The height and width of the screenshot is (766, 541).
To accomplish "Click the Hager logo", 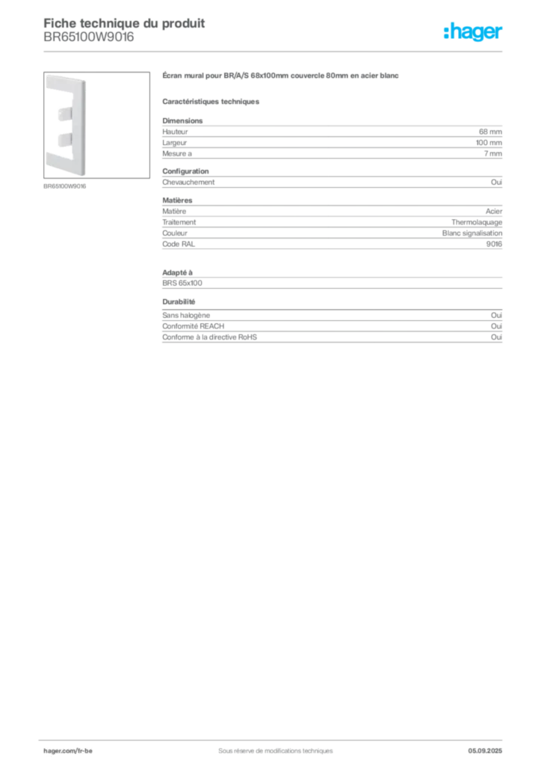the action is pos(472,31).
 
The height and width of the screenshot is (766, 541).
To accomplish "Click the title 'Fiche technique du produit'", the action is pos(124,23).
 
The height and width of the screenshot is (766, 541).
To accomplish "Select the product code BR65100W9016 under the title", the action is pos(88,37).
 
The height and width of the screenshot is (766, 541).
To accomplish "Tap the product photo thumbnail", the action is pos(96,125).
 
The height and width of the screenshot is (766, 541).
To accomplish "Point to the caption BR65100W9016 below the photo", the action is pos(64,186).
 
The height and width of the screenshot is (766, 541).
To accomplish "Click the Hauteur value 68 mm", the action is pos(490,132).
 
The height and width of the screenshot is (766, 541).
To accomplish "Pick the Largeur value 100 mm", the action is pos(489,143).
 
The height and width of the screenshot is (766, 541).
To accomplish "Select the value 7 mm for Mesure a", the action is pos(492,153).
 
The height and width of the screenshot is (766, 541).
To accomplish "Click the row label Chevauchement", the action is pos(188,182).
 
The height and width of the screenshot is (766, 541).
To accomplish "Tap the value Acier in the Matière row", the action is pos(494,211).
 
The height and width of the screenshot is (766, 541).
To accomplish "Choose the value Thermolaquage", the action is pos(477,222).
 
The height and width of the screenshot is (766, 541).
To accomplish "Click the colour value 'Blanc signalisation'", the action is pos(472,233).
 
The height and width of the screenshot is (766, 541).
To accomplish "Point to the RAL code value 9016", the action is pos(494,244).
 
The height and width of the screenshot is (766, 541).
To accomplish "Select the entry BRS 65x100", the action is pos(182,283).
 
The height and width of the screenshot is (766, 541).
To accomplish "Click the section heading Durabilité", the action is pos(179,301).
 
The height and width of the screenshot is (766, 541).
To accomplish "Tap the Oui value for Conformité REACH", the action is pos(496,326).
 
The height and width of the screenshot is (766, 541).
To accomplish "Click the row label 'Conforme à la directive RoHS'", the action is pos(209,337).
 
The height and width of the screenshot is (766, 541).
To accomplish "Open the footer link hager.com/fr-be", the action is pos(68,750).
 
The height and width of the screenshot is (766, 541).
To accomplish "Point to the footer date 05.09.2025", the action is pos(485,750).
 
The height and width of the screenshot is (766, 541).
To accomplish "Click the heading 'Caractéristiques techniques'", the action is pos(211,102).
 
